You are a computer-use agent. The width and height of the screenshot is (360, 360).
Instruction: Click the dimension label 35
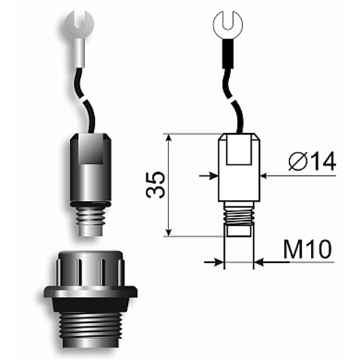(155, 185)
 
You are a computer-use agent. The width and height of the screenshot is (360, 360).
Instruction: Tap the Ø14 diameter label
(312, 161)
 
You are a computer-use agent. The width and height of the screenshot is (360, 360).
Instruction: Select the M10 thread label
(308, 249)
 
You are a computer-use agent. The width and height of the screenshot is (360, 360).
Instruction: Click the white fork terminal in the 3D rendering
(79, 23)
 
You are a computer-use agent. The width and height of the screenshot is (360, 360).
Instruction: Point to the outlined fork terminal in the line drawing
(227, 25)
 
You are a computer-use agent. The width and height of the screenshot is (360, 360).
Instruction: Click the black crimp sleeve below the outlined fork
(227, 53)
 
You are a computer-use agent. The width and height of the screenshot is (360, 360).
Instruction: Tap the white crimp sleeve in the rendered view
(79, 52)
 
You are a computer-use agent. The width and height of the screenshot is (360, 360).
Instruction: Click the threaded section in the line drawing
(239, 213)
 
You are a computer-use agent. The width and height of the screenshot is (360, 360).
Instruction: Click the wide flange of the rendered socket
(90, 292)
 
